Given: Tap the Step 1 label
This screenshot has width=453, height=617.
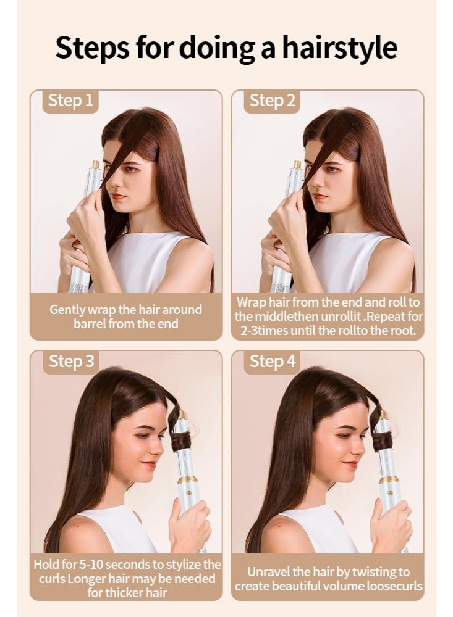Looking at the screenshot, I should pos(70,101).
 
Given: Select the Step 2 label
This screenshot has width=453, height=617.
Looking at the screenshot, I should pos(272,101).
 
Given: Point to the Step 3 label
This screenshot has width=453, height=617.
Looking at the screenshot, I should pos(70,362).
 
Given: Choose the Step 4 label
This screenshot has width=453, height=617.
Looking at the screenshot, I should pos(272,362).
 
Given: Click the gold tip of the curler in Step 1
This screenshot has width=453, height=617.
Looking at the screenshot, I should pos(96,165).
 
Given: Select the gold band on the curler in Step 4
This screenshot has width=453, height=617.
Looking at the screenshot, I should pos(389,479).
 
